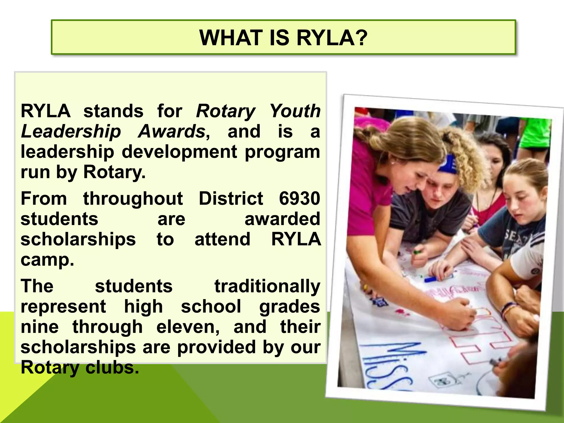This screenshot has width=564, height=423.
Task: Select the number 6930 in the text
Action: click(299, 198)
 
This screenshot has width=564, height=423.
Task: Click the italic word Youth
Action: click(295, 111)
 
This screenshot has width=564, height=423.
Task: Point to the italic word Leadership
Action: click(71, 131)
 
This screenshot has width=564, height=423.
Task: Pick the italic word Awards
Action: click(172, 131)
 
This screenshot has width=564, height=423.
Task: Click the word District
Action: click(231, 198)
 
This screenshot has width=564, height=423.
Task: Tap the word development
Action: click(179, 152)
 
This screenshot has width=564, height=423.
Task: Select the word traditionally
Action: click(267, 286)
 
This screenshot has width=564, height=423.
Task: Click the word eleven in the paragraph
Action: click(188, 327)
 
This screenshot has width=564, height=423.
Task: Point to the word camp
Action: click(47, 260)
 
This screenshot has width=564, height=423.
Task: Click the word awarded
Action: click(282, 219)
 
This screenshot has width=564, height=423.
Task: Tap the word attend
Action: click(223, 239)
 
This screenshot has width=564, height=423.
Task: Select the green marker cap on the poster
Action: click(417, 252)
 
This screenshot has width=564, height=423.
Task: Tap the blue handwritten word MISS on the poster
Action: click(386, 364)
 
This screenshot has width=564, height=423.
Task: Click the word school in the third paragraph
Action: click(211, 307)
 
